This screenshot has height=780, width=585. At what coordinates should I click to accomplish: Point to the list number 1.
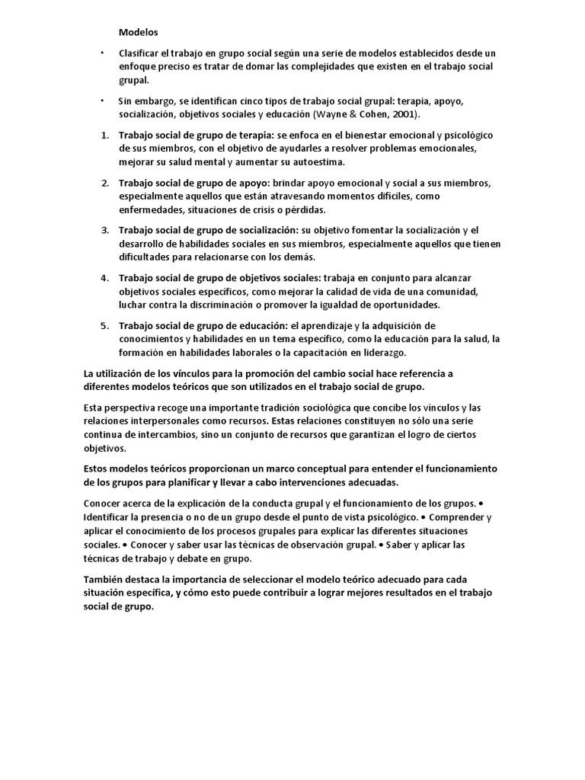pos(105,135)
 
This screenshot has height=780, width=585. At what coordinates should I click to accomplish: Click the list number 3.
pos(105,229)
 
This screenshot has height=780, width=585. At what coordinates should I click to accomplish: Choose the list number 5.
pos(105,325)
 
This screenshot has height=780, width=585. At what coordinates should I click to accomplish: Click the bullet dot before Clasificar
pos(103,53)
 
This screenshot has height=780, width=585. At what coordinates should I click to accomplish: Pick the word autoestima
pos(317,162)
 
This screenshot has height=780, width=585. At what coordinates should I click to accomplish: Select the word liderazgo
pos(383,353)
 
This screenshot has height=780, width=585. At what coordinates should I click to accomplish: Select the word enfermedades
pos(154,209)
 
